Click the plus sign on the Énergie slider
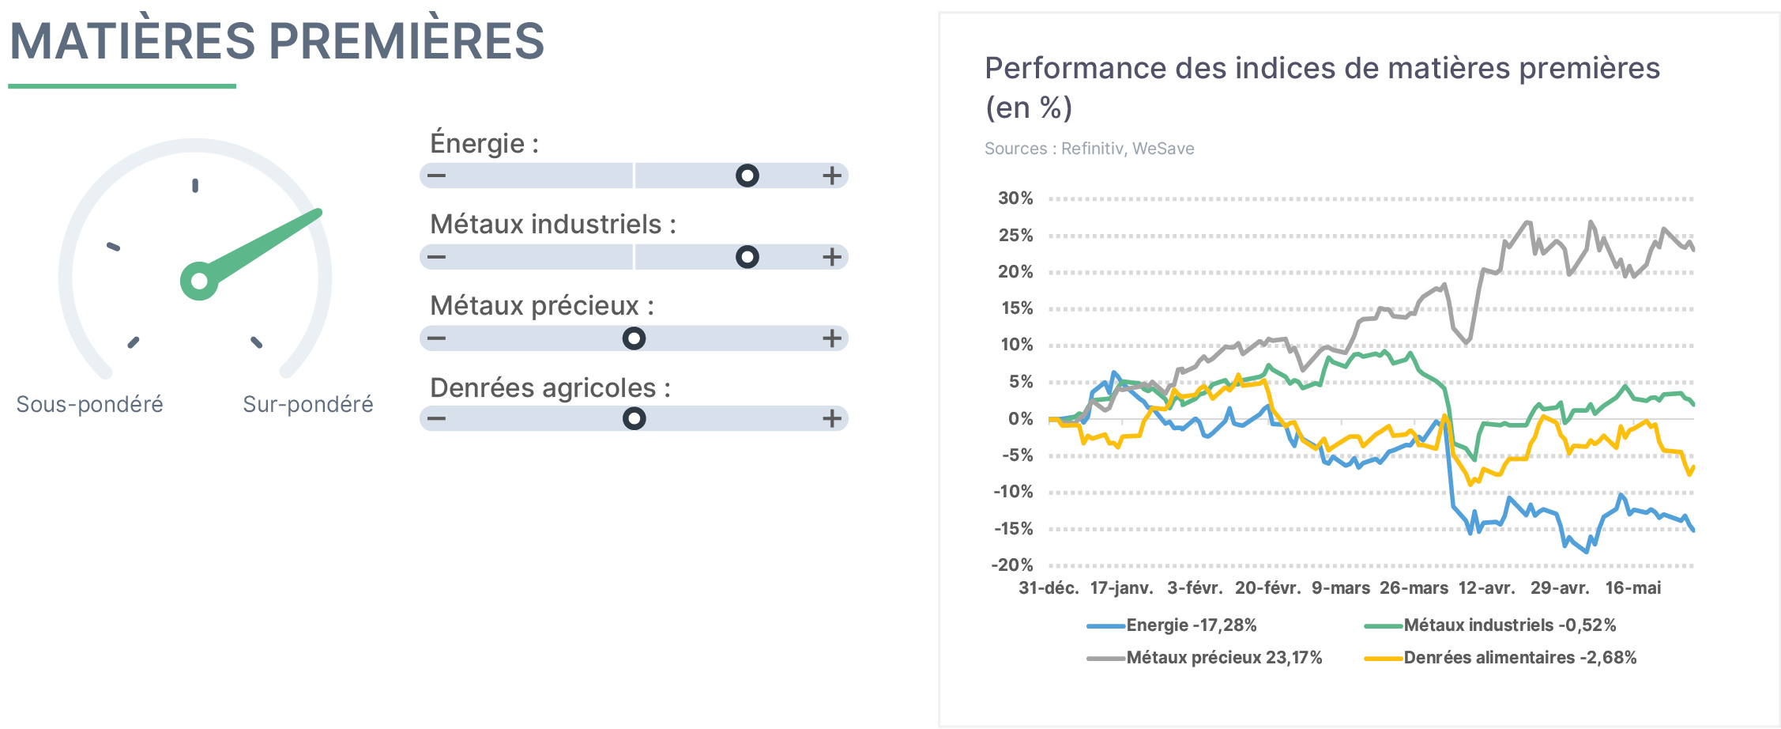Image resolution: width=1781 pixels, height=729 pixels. click(831, 176)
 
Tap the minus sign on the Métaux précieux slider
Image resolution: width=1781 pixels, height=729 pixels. click(436, 338)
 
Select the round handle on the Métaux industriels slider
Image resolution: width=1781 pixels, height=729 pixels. click(747, 257)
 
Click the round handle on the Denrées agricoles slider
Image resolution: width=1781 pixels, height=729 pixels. click(634, 418)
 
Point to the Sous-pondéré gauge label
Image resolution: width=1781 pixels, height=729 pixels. click(89, 404)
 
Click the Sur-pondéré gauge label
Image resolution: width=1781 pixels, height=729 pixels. click(308, 404)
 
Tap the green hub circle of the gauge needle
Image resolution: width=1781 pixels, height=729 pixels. click(199, 281)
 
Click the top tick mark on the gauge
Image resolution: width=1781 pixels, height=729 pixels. click(195, 186)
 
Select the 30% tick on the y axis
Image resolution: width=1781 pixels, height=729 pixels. click(1015, 198)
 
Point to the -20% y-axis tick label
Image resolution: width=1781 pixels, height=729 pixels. click(1012, 565)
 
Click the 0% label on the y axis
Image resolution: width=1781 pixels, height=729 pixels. click(1021, 419)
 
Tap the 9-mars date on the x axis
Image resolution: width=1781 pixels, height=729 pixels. click(1341, 588)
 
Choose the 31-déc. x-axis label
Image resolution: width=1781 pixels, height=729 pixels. click(1049, 588)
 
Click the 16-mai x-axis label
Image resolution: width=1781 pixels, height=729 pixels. click(1633, 588)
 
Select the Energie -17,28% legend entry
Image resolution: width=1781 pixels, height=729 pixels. click(1172, 625)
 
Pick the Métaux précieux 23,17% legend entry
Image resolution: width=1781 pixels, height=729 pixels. click(1204, 658)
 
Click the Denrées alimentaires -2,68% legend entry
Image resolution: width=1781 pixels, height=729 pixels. click(1500, 658)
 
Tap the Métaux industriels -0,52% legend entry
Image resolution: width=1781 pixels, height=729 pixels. click(1490, 625)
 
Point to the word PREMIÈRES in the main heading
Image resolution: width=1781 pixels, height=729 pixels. click(408, 41)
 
